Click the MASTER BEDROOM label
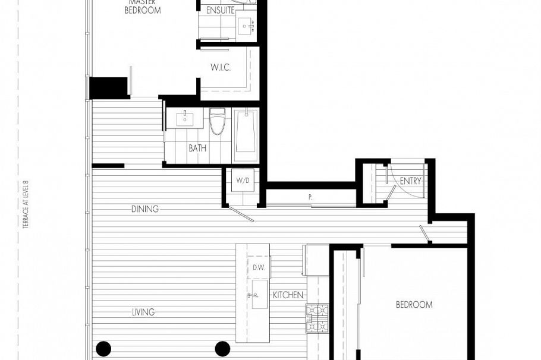[x=142, y=7]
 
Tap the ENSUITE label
[x=219, y=10]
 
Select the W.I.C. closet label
[x=220, y=68]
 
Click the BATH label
[x=197, y=148]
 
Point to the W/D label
[x=243, y=180]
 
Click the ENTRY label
[x=410, y=181]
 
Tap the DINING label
[x=145, y=209]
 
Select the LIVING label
[x=144, y=312]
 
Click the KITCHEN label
[x=288, y=295]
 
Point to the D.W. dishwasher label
[x=259, y=267]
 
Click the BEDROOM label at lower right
[x=414, y=305]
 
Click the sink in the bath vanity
[x=185, y=117]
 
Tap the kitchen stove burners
[x=317, y=319]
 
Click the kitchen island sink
[x=259, y=295]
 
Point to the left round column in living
[x=103, y=348]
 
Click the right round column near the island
[x=222, y=348]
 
